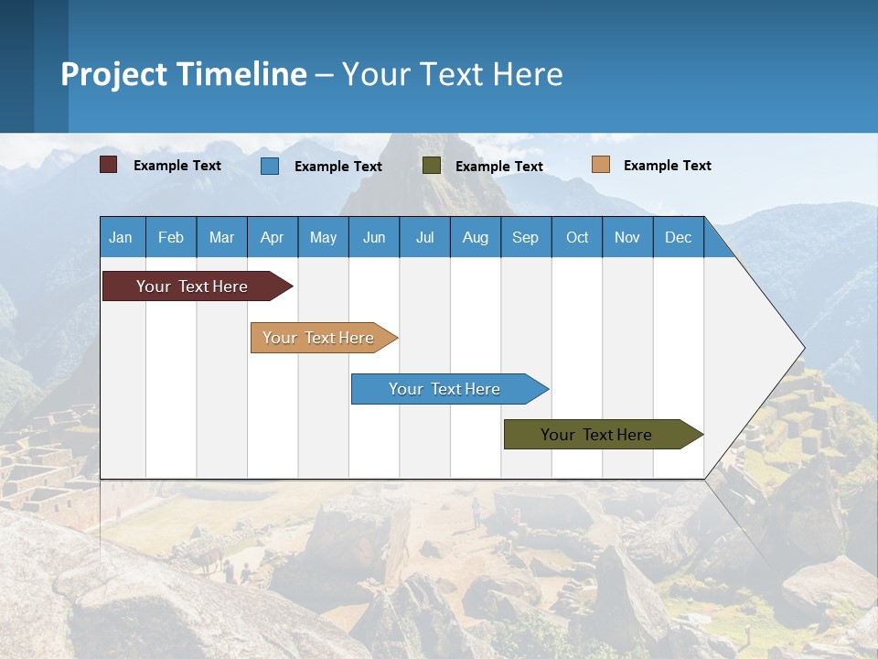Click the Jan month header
121,237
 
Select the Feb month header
171,237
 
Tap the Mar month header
221,237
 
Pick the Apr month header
273,237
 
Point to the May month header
323,237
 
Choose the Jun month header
374,237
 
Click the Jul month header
424,237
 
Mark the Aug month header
476,237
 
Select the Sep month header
526,237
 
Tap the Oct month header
577,237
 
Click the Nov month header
627,237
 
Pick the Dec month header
679,237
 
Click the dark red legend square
109,165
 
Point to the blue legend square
270,166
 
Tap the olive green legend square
432,166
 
